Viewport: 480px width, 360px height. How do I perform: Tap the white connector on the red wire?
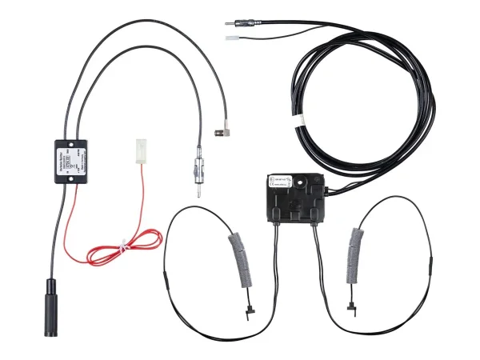[x=139, y=150]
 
